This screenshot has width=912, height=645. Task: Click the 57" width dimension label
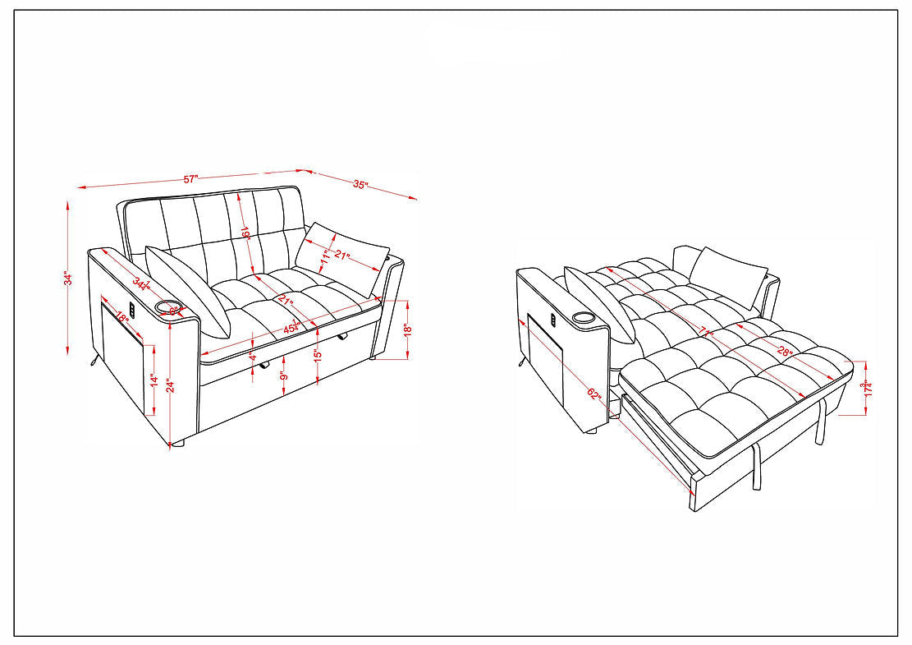190,178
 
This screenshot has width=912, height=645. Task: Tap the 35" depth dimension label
360,185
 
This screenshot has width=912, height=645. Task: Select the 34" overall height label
69,279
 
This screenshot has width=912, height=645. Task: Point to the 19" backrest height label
245,233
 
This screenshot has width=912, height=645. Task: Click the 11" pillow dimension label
325,256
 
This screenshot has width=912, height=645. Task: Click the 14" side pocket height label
154,379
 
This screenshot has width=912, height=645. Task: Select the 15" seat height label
317,357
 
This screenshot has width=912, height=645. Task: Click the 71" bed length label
703,330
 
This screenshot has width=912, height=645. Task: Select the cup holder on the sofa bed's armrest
585,317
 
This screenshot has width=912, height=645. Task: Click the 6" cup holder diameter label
173,310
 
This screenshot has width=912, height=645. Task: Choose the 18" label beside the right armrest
407,329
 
